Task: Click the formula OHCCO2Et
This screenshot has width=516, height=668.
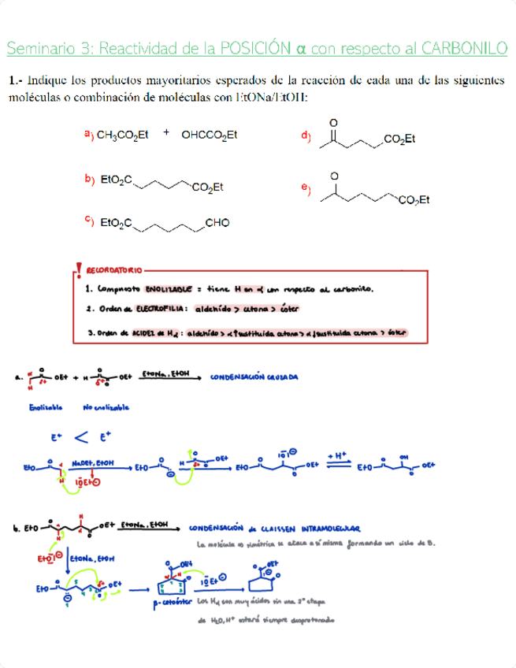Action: tap(210, 135)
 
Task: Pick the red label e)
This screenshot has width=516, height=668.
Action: tap(306, 189)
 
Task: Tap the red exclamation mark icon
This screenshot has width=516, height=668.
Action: tap(77, 272)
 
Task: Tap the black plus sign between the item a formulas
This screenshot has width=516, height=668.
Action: tap(166, 133)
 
